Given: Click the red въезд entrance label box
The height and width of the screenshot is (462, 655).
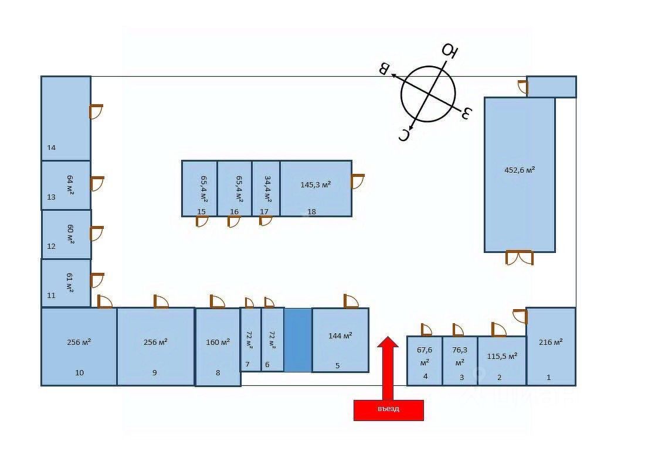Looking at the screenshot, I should (x=388, y=410).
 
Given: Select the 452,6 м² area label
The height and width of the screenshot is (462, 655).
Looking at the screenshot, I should (x=520, y=170).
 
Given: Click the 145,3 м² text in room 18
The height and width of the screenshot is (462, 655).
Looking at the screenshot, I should (x=315, y=185).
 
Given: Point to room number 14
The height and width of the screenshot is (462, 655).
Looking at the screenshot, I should (x=52, y=148).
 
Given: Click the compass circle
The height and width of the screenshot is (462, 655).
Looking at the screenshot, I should (x=429, y=94).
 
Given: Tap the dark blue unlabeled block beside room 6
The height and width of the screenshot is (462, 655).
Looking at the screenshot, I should (x=298, y=340).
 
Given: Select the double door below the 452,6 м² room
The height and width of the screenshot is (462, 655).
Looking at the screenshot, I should (x=520, y=258).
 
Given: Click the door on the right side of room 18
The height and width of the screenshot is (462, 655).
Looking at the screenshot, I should (x=358, y=181).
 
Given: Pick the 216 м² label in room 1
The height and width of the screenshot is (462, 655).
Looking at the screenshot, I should (x=550, y=343).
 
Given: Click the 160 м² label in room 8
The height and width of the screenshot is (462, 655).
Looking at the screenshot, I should (x=218, y=343).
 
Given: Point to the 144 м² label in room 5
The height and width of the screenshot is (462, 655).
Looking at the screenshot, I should (x=340, y=336).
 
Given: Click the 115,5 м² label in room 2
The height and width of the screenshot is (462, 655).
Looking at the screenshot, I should (x=502, y=356).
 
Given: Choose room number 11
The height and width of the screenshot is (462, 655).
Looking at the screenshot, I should (x=52, y=296).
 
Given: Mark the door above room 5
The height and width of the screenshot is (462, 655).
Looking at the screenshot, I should (x=351, y=301).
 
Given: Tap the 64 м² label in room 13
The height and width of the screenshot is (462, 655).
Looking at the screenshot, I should (x=70, y=184).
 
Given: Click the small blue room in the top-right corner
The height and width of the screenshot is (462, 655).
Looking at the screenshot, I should (x=551, y=87).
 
